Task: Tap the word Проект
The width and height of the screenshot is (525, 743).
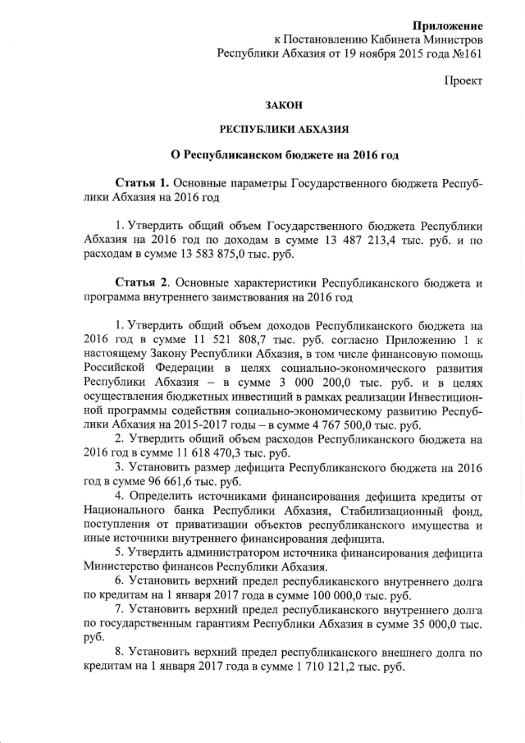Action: click(x=463, y=81)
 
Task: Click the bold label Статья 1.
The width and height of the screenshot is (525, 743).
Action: click(x=142, y=181)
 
